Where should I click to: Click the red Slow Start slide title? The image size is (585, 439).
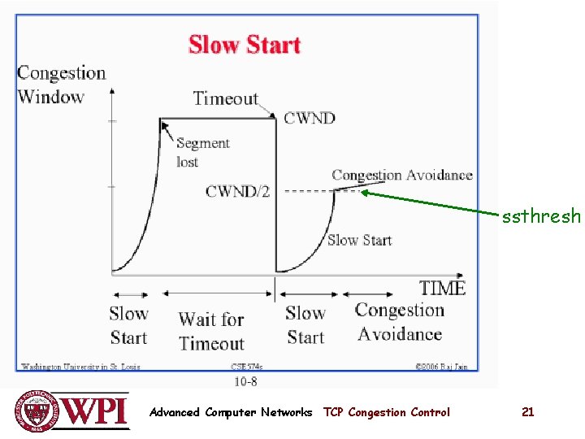[245, 45]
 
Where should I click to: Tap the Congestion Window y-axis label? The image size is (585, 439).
[62, 85]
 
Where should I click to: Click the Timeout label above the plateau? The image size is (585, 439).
[225, 99]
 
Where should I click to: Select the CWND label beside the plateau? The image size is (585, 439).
[309, 118]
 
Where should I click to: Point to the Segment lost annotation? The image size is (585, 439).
[202, 152]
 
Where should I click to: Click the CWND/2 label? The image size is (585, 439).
[237, 192]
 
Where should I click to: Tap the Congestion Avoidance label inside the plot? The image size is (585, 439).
[401, 175]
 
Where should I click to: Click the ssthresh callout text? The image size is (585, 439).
[541, 216]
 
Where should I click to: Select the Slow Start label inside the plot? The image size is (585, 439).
[359, 240]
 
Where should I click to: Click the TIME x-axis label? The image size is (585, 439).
[442, 288]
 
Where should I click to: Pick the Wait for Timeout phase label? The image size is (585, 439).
[211, 332]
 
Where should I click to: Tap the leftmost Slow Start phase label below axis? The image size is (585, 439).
[128, 325]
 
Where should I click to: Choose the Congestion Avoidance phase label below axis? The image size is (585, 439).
[400, 322]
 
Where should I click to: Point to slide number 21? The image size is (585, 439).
[527, 412]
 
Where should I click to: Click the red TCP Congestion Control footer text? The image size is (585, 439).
[386, 412]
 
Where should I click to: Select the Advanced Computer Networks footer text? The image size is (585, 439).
[231, 412]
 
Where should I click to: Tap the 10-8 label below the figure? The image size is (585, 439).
[245, 380]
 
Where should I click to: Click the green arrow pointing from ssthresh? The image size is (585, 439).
[431, 203]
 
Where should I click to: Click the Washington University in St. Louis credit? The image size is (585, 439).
[80, 367]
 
